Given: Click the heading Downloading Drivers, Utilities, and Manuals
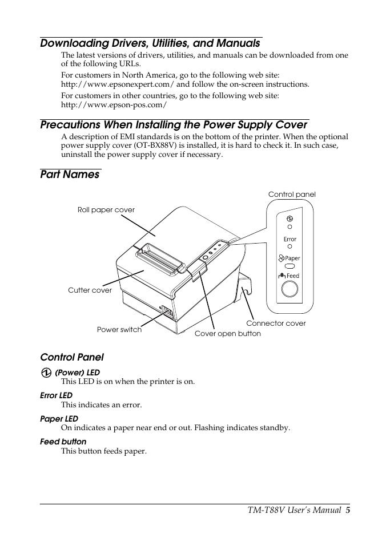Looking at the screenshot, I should click(x=150, y=43).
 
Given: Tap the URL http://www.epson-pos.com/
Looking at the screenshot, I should click(x=114, y=105).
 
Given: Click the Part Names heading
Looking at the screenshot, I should click(x=70, y=175).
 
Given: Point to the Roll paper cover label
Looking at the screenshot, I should click(x=106, y=210).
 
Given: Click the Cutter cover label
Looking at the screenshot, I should click(x=90, y=290).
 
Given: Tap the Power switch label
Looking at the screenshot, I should click(x=119, y=330).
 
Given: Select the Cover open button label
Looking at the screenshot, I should click(x=227, y=334).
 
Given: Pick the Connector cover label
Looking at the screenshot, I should click(x=276, y=323).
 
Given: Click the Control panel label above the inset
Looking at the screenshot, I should click(x=292, y=195).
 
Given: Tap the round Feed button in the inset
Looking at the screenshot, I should click(x=289, y=290).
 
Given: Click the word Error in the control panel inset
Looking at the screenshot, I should click(x=290, y=239).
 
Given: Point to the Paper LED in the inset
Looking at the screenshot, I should click(x=289, y=266).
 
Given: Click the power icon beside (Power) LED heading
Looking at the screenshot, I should click(x=46, y=373).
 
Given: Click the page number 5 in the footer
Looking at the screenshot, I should click(x=347, y=510).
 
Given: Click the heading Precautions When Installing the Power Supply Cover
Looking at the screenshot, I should click(x=174, y=124).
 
